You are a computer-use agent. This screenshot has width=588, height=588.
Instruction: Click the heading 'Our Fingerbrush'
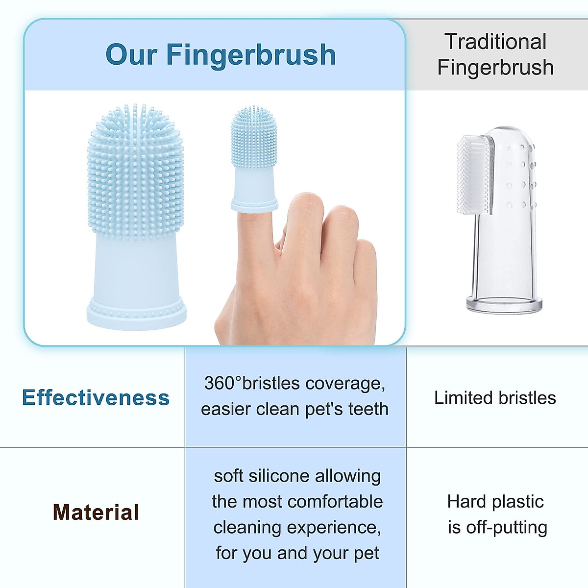point(220,54)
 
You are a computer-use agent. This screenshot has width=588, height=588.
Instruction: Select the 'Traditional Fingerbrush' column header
point(495,54)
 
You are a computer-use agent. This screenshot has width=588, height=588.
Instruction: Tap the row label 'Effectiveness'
point(96,397)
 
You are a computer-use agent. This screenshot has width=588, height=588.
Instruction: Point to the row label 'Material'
point(96,513)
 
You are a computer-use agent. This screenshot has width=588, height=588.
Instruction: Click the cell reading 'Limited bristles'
point(495,398)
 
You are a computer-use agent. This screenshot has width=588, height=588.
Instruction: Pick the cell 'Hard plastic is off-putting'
point(496,514)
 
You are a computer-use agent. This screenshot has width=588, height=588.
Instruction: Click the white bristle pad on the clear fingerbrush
point(474,174)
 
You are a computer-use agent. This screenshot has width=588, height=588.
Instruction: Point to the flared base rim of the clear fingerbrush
point(504,305)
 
